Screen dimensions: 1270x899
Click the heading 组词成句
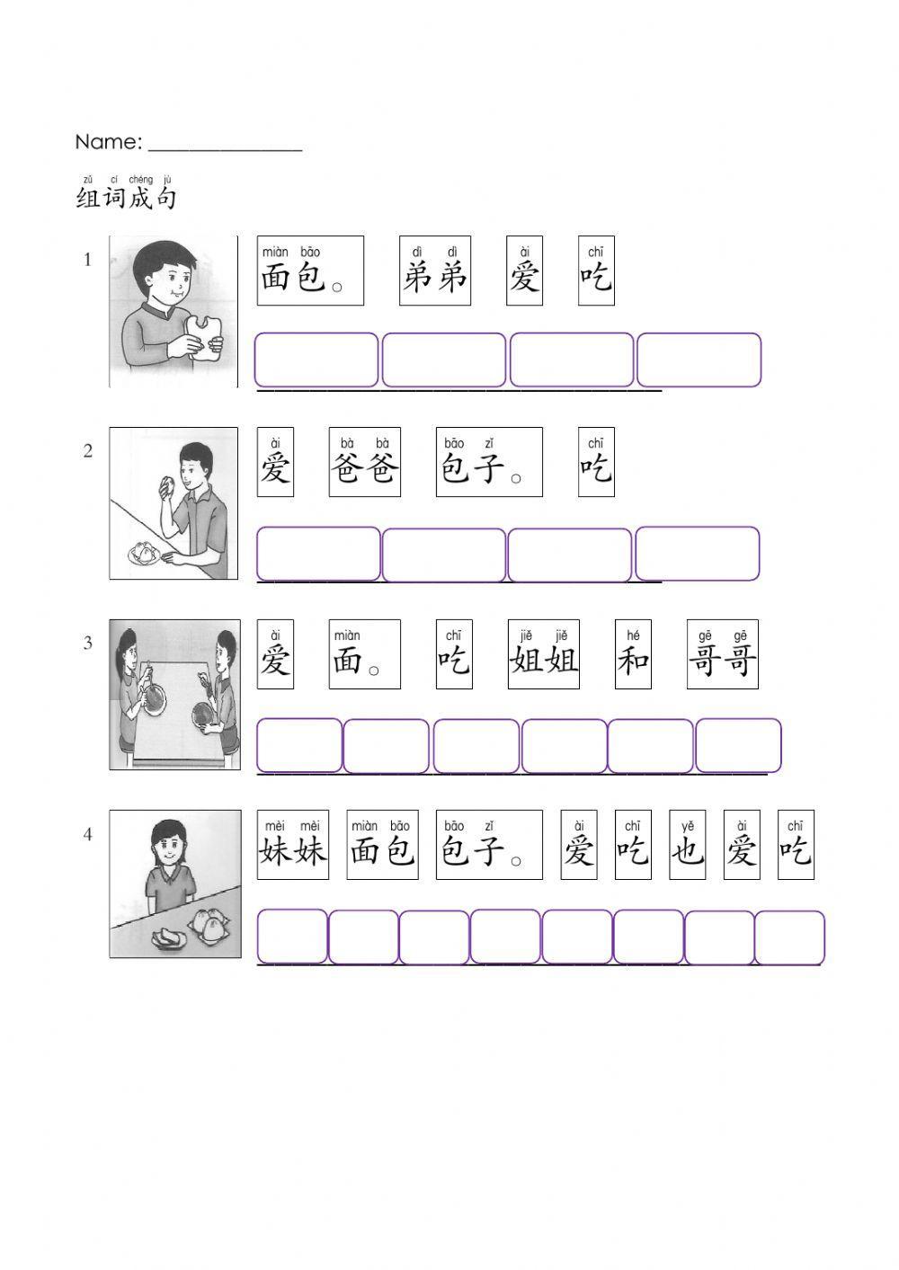tap(126, 196)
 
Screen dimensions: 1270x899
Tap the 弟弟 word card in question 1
tap(435, 271)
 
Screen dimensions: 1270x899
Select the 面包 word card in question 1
tap(310, 271)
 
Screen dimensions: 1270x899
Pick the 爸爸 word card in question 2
tap(364, 462)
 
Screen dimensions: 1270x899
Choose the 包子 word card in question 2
tap(489, 462)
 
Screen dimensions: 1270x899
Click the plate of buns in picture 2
tap(143, 552)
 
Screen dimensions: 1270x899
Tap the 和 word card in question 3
tap(633, 654)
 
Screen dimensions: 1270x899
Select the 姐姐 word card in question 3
tap(543, 654)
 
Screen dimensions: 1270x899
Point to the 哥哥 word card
tap(722, 654)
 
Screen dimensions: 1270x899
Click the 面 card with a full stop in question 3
tap(364, 654)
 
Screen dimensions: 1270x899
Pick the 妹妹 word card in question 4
tap(293, 845)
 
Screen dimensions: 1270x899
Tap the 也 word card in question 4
tap(687, 845)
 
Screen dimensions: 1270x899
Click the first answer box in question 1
tap(316, 360)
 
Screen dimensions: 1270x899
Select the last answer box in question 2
tap(697, 554)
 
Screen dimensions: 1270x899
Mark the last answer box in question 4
tap(789, 937)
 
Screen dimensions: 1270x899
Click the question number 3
tap(88, 643)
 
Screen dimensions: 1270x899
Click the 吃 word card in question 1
tap(596, 271)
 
